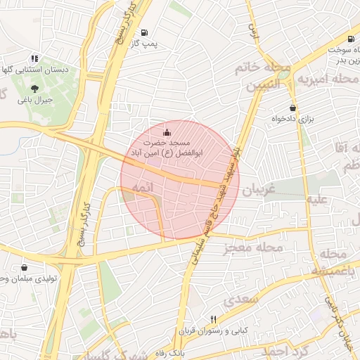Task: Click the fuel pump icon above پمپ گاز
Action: point(144,32)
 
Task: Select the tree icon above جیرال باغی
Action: point(35,89)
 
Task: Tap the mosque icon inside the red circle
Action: point(167,132)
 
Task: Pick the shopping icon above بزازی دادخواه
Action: point(292,108)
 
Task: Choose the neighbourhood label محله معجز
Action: point(254,247)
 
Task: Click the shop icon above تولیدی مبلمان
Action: point(25,267)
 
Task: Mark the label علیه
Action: point(316,199)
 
